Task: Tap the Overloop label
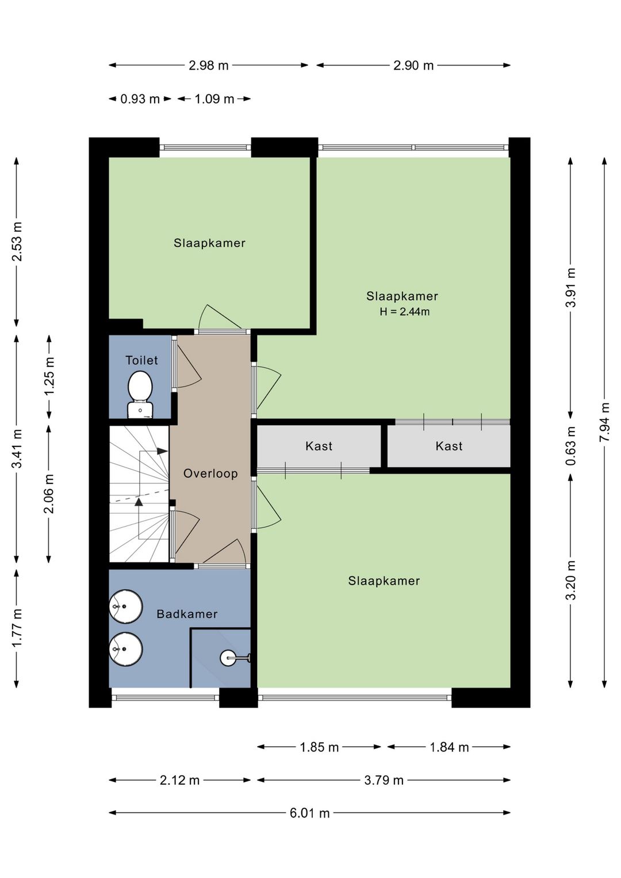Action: point(211,474)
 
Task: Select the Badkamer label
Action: point(187,614)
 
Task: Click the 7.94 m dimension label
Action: point(604,422)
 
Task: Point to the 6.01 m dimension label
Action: point(309,814)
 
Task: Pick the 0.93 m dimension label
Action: point(140,99)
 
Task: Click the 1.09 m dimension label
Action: point(214,99)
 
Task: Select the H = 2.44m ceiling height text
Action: point(405,312)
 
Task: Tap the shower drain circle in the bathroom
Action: point(228,658)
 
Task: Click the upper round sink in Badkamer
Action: point(125,606)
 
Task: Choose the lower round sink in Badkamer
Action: point(125,648)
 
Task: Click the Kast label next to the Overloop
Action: point(319,446)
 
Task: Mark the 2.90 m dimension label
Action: point(413,66)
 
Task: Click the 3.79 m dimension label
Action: point(384,780)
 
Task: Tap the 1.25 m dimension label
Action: point(49,376)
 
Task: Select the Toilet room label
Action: point(141,360)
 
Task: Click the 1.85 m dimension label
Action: point(319,747)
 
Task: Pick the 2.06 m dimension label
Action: point(49,494)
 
